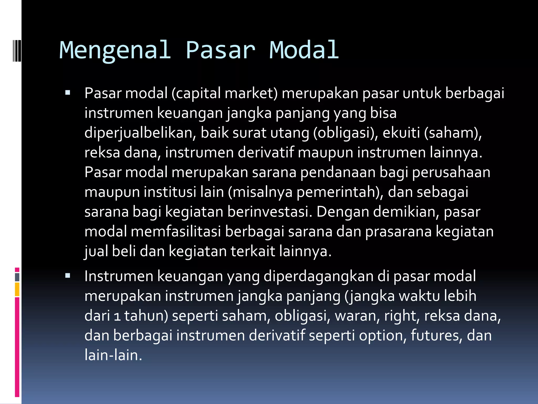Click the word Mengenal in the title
tap(115, 50)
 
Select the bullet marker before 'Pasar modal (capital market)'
tap(68, 93)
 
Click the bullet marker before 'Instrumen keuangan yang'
tap(68, 276)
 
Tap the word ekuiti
tap(401, 133)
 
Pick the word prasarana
tap(399, 231)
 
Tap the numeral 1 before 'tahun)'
tap(117, 316)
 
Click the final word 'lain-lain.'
tap(113, 355)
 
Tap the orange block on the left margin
tap(17, 289)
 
